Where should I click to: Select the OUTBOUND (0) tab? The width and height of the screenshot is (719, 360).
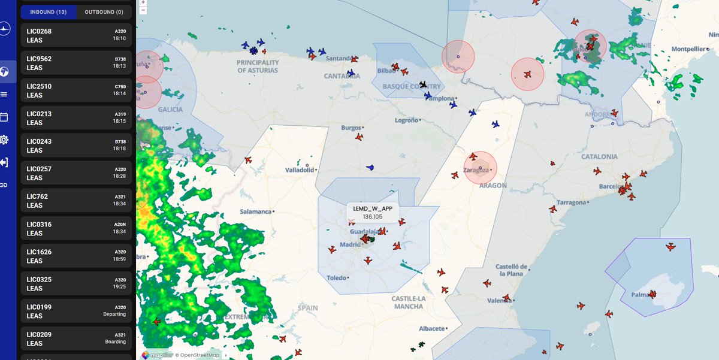pyautogui.click(x=104, y=12)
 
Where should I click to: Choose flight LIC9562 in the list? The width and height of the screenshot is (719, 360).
pyautogui.click(x=76, y=63)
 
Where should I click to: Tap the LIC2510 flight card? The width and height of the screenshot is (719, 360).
pyautogui.click(x=76, y=90)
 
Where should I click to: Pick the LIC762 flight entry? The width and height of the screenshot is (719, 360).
pyautogui.click(x=76, y=201)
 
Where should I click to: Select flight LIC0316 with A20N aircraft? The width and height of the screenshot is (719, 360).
pyautogui.click(x=76, y=228)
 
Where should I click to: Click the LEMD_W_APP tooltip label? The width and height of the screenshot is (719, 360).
pyautogui.click(x=373, y=208)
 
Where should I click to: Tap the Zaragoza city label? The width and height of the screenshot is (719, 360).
pyautogui.click(x=476, y=169)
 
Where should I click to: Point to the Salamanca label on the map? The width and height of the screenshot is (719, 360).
pyautogui.click(x=256, y=211)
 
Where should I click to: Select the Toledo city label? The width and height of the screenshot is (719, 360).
pyautogui.click(x=337, y=278)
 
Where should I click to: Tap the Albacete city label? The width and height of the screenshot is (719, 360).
pyautogui.click(x=432, y=328)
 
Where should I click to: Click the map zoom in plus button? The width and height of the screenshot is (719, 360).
pyautogui.click(x=143, y=2)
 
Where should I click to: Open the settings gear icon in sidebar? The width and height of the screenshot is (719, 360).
pyautogui.click(x=4, y=140)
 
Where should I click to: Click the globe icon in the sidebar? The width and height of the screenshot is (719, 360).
pyautogui.click(x=4, y=72)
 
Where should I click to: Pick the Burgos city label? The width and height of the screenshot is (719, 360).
pyautogui.click(x=351, y=128)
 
